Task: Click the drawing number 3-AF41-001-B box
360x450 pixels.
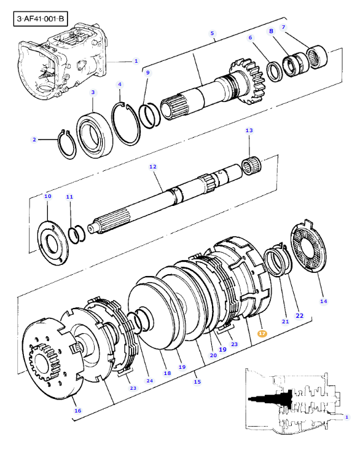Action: [x=41, y=19]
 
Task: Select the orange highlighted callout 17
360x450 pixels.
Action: [x=262, y=333]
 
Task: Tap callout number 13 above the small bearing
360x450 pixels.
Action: [x=249, y=130]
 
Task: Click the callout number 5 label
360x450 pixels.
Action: [x=212, y=33]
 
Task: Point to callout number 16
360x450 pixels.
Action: [x=78, y=411]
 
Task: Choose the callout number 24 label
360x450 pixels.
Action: [x=150, y=381]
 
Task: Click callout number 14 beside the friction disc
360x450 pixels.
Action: [x=323, y=301]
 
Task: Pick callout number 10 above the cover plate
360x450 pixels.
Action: [x=48, y=196]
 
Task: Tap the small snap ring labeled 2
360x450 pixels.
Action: [x=67, y=144]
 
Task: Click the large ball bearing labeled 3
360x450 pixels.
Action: [x=95, y=135]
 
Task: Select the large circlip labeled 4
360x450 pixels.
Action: [x=126, y=124]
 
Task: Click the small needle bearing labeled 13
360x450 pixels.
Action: [x=251, y=165]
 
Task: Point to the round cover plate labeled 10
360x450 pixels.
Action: [x=53, y=243]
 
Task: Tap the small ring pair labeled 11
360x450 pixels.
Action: [x=77, y=234]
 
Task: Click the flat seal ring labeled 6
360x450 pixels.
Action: [x=275, y=71]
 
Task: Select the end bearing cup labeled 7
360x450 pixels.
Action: [x=317, y=57]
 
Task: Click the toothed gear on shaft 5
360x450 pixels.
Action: [x=247, y=82]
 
